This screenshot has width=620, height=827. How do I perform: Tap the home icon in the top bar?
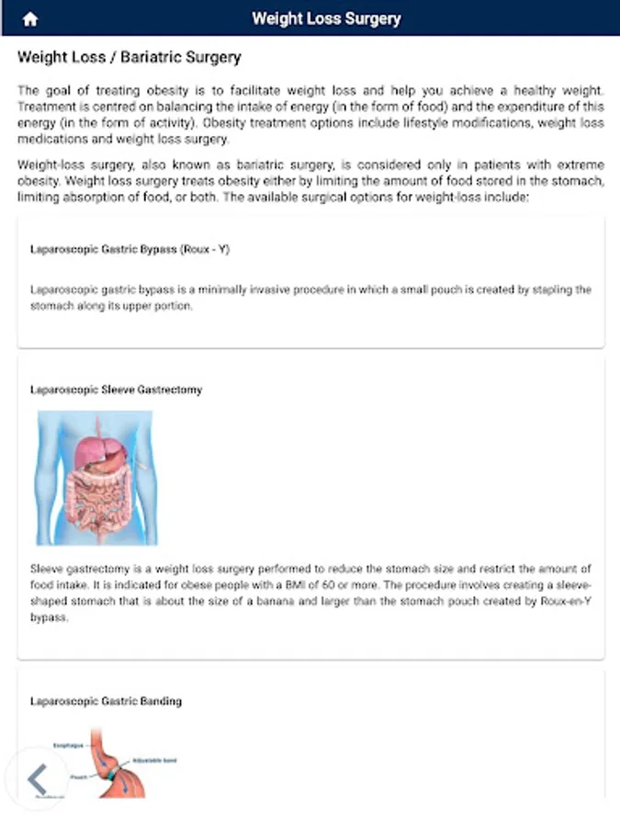30,19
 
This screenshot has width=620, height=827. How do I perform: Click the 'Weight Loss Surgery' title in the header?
326,18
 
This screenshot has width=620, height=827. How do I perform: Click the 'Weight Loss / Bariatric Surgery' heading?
129,58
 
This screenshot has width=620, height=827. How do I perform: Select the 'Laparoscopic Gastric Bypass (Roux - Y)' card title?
130,249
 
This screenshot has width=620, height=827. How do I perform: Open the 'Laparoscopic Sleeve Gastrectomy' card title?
116,390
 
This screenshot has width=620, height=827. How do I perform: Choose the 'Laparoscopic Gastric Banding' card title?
106,701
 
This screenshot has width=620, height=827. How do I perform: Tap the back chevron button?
37,779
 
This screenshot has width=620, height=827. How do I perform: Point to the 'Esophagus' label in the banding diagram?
69,745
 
